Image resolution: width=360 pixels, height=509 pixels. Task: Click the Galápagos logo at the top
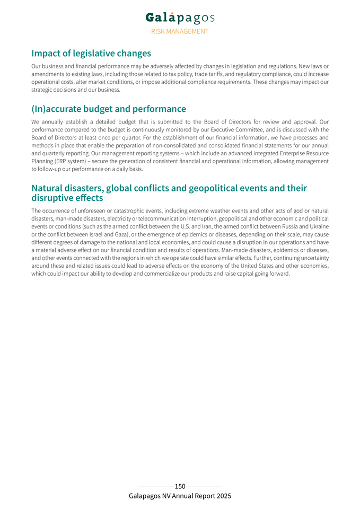click(180, 17)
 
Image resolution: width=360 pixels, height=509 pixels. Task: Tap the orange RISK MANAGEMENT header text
click(180, 31)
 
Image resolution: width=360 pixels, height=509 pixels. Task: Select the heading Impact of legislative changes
click(91, 54)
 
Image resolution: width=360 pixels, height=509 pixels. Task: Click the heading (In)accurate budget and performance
click(109, 109)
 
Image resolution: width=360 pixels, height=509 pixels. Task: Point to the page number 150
click(180, 486)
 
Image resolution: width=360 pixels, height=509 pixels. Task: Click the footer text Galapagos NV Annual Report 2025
click(180, 496)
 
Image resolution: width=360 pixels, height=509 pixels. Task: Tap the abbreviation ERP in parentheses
click(66, 161)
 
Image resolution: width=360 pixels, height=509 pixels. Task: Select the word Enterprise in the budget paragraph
click(292, 153)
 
